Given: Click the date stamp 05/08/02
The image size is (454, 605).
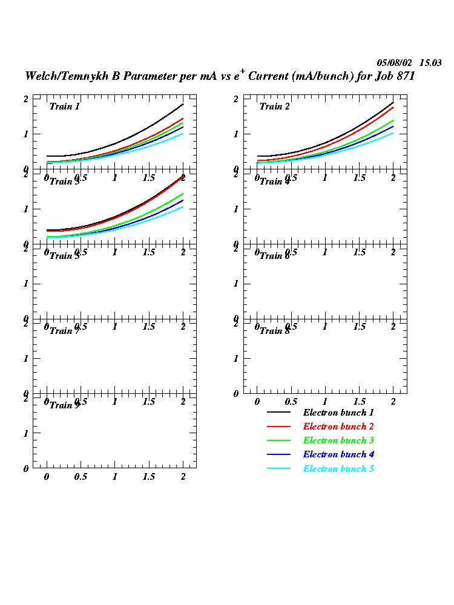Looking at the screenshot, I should point(395,62).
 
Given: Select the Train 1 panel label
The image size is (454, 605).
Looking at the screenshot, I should point(65,106).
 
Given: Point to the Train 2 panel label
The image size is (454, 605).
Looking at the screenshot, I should point(275,106).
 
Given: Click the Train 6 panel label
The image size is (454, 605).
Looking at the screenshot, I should point(275,256).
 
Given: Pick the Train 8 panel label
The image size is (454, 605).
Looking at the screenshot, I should point(275,330).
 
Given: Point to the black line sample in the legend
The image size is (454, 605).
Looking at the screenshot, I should point(279,413).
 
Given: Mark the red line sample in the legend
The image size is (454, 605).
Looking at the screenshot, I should point(279,427).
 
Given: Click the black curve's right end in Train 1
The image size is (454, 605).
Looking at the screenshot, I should point(183,104).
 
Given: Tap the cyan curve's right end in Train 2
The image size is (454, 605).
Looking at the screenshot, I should point(393,133).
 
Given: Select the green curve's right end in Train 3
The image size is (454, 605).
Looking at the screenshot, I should point(183,194).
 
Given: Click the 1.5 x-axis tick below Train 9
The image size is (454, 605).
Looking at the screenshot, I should point(148,477).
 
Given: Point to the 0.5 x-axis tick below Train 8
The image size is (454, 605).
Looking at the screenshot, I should point(291,402).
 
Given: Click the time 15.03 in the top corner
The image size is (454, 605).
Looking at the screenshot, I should point(430,62).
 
